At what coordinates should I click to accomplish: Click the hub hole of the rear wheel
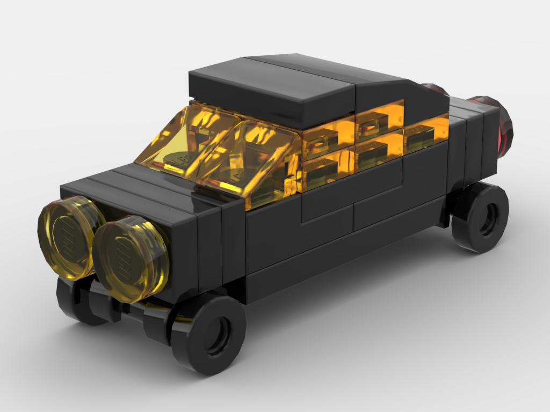[x=489, y=219]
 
